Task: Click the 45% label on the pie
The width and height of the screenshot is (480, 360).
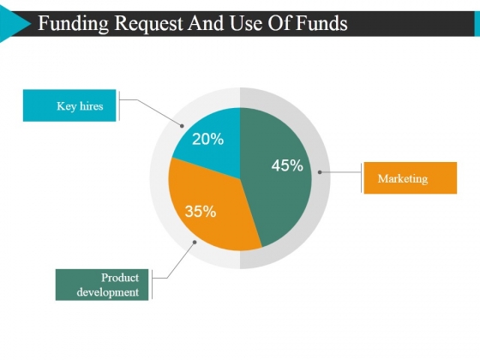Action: pos(287,165)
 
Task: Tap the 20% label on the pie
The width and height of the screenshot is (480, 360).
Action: pos(207,139)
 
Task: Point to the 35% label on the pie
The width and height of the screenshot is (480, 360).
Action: pos(201,212)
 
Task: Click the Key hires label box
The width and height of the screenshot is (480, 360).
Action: pos(69,105)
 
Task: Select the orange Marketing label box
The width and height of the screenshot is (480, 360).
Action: pos(411,178)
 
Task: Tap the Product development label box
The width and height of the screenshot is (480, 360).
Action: pos(102,285)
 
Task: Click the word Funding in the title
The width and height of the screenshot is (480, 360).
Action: pos(73,24)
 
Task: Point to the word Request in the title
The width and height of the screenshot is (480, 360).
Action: pos(148,25)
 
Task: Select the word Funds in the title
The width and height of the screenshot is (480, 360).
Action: pos(321,23)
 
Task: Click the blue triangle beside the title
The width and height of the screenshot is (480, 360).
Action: pos(14,24)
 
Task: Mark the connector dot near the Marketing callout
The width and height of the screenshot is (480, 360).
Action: pos(320,172)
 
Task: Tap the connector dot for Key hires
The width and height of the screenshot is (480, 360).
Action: pos(182,126)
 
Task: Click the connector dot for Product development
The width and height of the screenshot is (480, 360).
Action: pos(195,242)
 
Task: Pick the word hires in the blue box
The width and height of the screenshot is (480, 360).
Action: pos(91,106)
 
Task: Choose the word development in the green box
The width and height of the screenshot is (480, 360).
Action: pos(108,292)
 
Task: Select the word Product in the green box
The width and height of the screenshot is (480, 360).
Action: pos(120,278)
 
